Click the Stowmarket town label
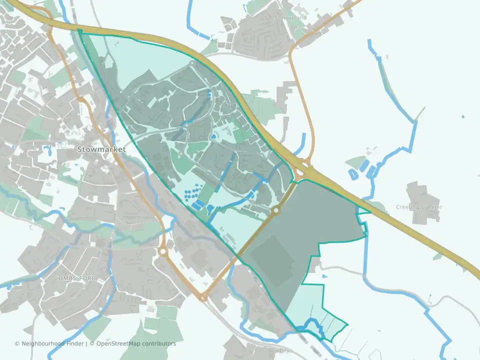click(101, 149)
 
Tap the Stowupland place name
click(290, 17)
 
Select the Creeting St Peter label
click(419, 207)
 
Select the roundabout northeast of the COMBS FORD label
click(162, 252)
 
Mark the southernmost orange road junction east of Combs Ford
click(203, 298)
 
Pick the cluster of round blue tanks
click(191, 195)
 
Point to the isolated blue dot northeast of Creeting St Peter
click(462, 117)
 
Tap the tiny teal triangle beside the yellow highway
click(363, 211)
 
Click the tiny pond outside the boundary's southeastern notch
click(325, 275)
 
